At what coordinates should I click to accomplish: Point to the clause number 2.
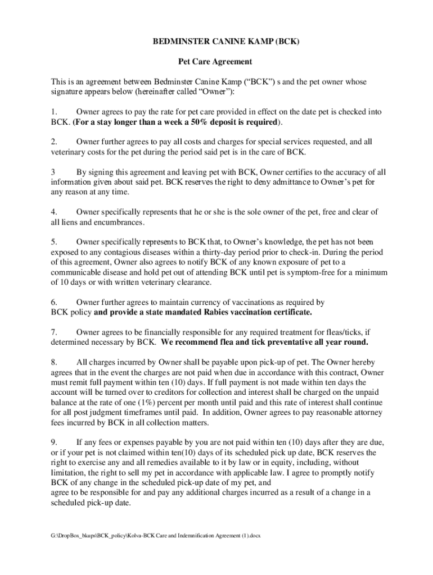(x=53, y=142)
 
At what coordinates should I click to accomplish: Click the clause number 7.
(x=53, y=332)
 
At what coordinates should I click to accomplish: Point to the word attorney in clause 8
(x=368, y=413)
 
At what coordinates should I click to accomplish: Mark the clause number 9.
(x=53, y=442)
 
